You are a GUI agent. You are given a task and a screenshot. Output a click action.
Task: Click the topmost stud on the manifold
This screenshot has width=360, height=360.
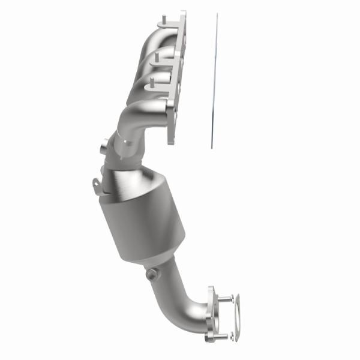(161, 24)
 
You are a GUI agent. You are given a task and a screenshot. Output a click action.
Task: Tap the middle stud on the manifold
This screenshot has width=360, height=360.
(155, 57)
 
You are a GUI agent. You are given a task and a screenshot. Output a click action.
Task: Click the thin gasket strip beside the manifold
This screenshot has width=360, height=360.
(214, 84)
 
